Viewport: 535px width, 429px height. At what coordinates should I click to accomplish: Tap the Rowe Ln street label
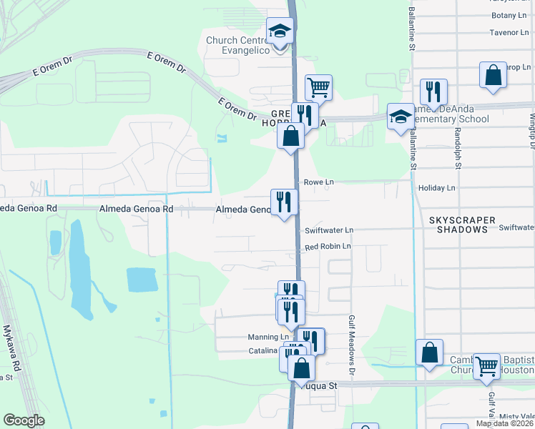tap(319, 182)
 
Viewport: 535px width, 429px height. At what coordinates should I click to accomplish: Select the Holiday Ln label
tap(436, 188)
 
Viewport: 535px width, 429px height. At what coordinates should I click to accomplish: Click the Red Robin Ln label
tap(328, 247)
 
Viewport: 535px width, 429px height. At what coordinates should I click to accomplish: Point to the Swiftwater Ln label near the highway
tap(329, 230)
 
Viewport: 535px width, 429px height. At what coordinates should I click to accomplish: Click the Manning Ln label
tap(268, 337)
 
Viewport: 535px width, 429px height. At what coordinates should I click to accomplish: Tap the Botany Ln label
tap(509, 15)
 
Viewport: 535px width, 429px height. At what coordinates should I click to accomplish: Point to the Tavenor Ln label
tap(508, 32)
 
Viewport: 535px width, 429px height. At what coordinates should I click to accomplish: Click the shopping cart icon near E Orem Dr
tap(318, 87)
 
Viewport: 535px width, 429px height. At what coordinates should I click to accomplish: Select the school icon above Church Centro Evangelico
tap(280, 31)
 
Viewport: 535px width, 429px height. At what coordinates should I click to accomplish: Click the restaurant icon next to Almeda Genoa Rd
tap(284, 202)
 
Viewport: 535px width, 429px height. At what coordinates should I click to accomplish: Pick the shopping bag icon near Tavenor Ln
tap(494, 75)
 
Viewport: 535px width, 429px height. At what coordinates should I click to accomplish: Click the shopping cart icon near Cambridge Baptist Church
tap(486, 365)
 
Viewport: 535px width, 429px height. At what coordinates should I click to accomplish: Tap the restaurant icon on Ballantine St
tap(433, 92)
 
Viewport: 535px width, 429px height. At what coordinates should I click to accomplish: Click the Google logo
tap(24, 420)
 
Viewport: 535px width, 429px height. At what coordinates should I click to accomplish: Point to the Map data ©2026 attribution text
tap(504, 423)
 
